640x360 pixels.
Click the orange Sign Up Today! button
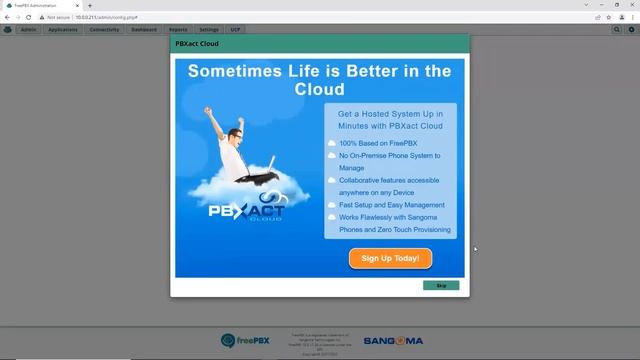pos(390,258)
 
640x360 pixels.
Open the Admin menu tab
pos(29,30)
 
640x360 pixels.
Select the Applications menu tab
pos(63,30)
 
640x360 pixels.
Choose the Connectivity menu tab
pos(104,30)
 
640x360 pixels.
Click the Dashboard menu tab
pos(144,30)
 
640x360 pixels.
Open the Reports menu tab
pos(178,30)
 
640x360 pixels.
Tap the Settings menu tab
pos(208,30)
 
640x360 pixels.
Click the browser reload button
pos(29,17)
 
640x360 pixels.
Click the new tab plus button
pos(89,5)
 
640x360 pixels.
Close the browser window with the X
pos(631,5)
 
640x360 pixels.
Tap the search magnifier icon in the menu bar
pos(617,30)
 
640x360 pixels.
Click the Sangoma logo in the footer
pos(393,341)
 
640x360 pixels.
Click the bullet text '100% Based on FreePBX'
pos(364,144)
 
